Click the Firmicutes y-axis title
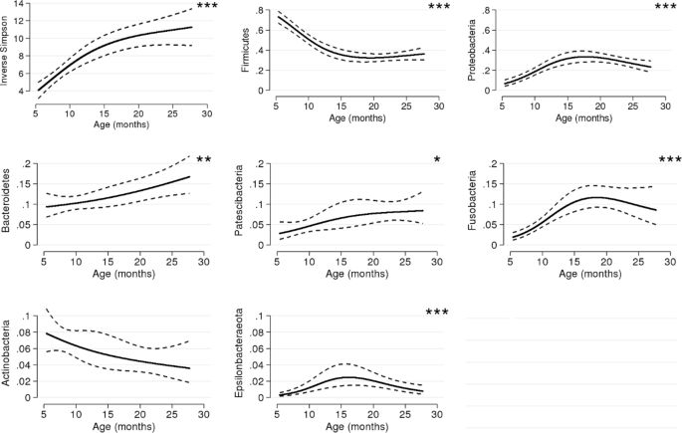click(245, 51)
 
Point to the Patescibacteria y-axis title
click(245, 205)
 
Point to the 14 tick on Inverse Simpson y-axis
click(21, 6)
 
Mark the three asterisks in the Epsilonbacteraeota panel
click(439, 314)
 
